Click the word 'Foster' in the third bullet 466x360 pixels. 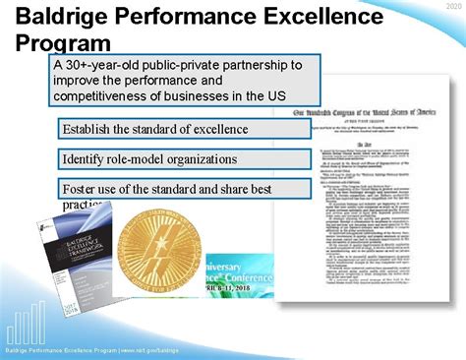pyautogui.click(x=82, y=188)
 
